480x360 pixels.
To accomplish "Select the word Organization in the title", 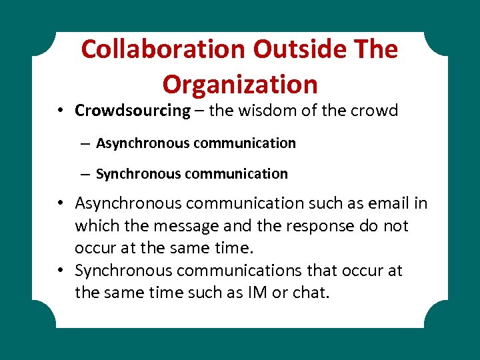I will click(240, 84).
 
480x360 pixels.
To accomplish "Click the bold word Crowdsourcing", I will click(133, 111).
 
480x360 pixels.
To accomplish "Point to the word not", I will click(396, 225).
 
